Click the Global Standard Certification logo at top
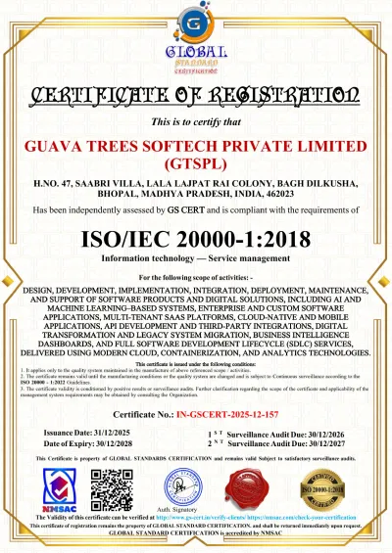pos(196,43)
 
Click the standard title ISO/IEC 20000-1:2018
pos(196,238)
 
